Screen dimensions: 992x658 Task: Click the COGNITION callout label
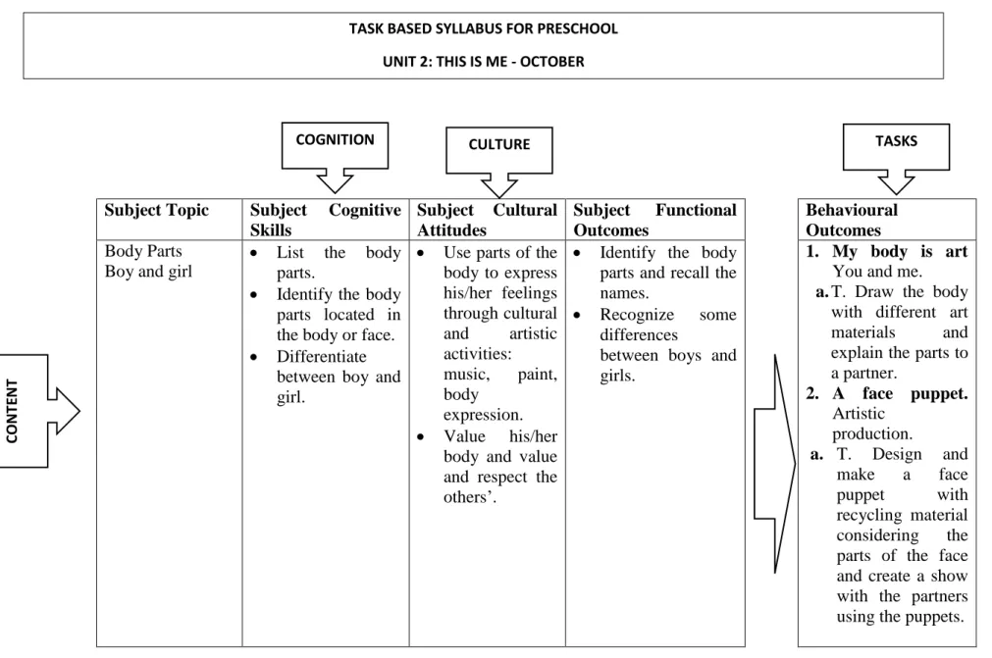335,139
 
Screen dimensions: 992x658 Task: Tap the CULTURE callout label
499,144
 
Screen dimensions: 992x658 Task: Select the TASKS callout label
896,141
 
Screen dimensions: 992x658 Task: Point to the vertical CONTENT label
12,411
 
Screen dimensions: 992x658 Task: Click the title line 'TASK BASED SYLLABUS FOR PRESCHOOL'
484,28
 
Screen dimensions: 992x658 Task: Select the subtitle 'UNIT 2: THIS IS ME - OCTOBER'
484,62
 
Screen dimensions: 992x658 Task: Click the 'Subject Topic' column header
156,210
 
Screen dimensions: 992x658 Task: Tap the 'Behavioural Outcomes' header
852,220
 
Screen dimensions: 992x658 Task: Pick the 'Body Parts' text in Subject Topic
143,251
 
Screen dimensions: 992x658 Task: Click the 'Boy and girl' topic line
148,272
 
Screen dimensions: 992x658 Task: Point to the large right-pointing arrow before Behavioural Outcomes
775,464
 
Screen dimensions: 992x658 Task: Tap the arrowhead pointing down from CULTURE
499,186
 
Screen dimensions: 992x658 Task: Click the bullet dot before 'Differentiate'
254,357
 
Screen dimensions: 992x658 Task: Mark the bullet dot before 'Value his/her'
421,436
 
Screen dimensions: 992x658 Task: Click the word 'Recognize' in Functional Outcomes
637,315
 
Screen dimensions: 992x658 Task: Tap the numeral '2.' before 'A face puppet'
812,393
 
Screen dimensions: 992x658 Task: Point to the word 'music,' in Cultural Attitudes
466,375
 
